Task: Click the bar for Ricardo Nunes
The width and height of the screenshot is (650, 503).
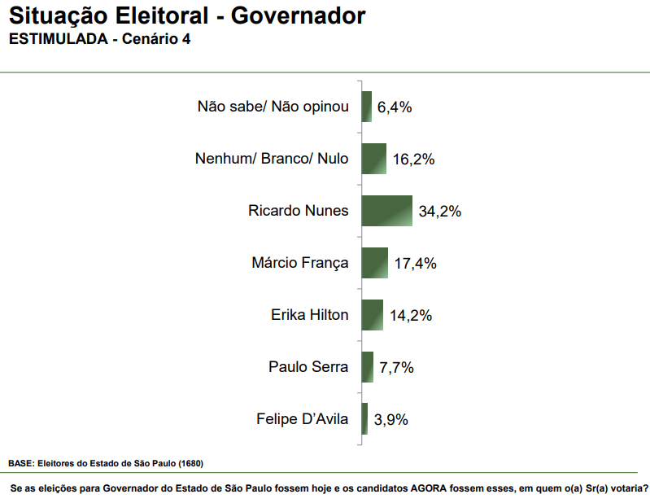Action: point(387,211)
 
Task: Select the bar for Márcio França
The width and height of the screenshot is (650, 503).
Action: point(374,263)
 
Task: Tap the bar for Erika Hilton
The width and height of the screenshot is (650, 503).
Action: point(372,315)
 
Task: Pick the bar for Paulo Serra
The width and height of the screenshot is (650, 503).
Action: point(367,367)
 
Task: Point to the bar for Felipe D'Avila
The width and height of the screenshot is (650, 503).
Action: point(364,419)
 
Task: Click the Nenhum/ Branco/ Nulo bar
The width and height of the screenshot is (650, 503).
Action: point(373,159)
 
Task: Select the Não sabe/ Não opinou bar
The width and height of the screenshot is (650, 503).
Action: point(366,107)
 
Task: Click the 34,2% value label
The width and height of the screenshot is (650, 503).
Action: point(440,212)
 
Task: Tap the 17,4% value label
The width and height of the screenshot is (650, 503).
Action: point(416,264)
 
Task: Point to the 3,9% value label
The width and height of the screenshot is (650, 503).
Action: point(391,420)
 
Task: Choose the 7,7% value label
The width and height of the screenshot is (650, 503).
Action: point(397,368)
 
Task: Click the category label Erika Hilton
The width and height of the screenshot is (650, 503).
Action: point(309,315)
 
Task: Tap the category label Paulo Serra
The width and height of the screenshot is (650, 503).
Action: point(308,367)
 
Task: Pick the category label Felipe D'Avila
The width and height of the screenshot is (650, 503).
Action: point(302,420)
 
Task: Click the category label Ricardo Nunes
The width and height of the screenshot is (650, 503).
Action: point(298,211)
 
